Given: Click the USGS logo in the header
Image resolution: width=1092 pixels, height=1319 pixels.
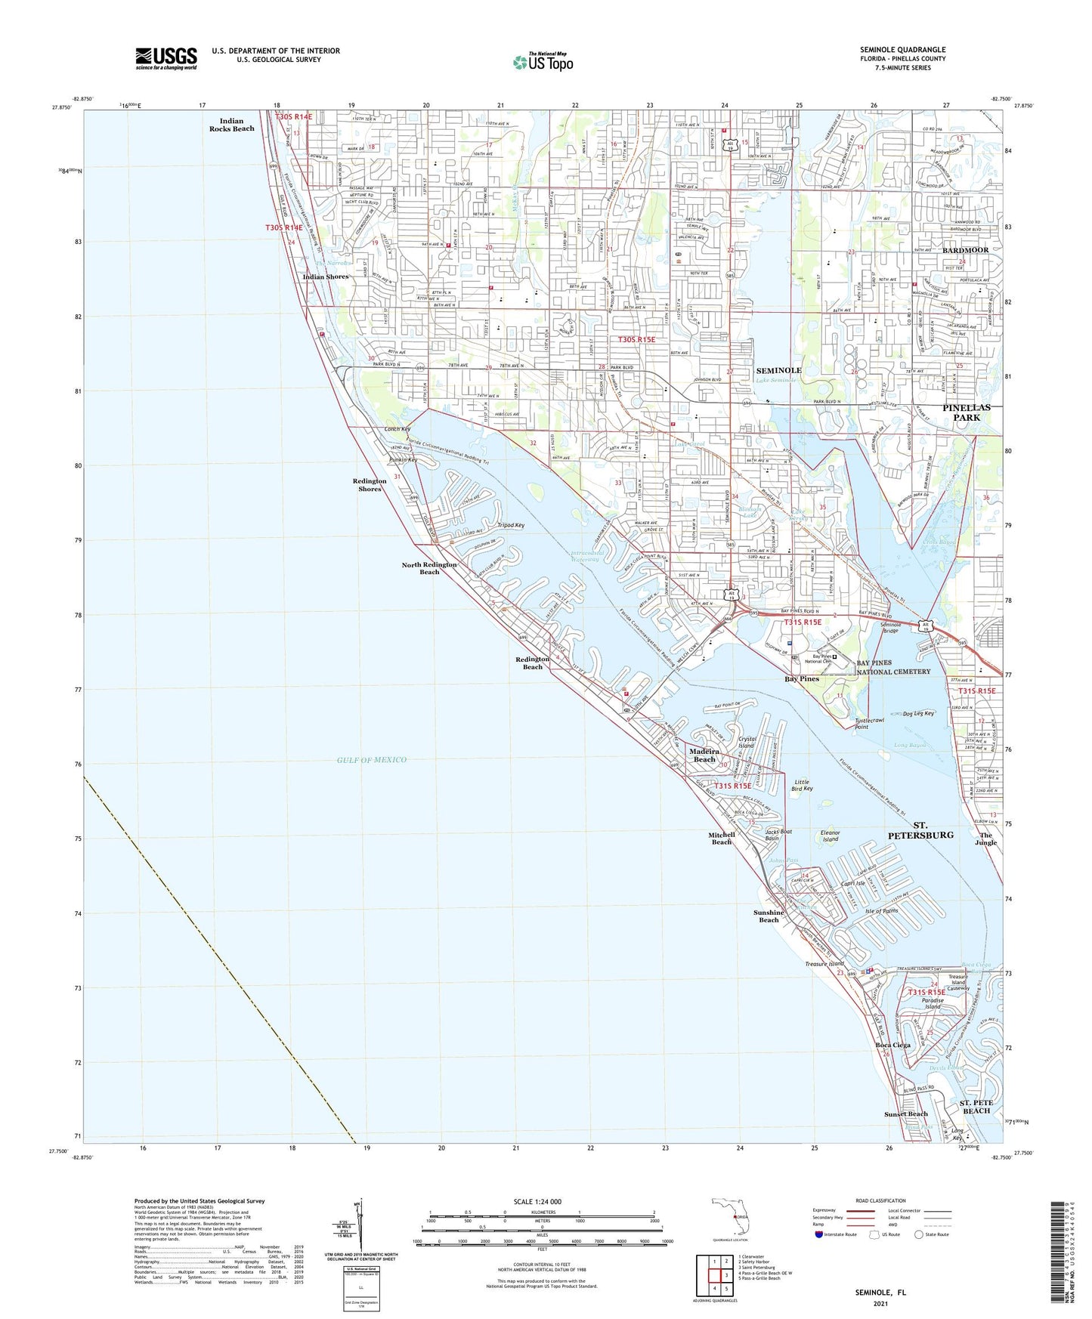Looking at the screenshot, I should point(166,57).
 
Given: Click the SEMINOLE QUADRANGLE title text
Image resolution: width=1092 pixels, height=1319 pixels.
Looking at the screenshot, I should point(902,50).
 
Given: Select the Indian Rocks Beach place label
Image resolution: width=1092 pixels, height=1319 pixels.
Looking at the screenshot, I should point(232,125).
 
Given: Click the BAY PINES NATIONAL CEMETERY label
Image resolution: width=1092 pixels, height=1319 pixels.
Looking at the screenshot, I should point(894,667).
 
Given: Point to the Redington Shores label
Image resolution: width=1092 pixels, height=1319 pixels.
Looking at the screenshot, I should point(370,484).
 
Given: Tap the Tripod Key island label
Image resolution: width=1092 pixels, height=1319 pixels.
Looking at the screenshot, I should point(511,525).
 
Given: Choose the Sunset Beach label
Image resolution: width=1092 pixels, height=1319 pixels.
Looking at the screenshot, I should point(905,1114).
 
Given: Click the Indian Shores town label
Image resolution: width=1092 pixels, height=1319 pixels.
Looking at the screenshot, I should point(326,276).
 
